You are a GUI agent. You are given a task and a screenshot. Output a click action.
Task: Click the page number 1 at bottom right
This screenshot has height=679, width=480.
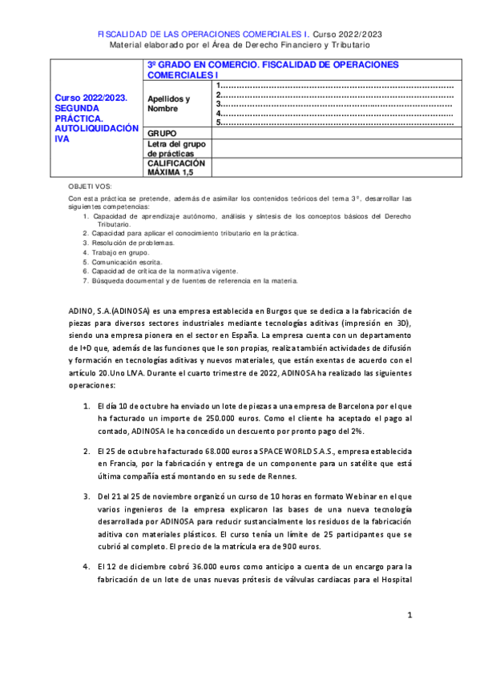point(409,615)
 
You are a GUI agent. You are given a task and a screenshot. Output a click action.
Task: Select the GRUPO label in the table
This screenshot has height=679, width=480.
point(162,132)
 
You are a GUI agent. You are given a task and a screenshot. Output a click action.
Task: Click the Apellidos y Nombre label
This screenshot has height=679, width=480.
point(169,103)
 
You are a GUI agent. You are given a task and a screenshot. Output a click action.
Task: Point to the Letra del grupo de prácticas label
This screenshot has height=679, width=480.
point(171,148)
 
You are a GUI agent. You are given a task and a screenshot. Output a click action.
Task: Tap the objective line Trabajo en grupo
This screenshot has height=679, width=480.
point(120,252)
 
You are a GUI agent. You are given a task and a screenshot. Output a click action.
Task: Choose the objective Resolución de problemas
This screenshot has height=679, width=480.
point(133,243)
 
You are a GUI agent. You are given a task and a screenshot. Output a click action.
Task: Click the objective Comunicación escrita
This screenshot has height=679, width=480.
point(127,262)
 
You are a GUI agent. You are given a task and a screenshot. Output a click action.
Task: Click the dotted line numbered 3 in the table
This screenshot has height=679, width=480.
point(335,104)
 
